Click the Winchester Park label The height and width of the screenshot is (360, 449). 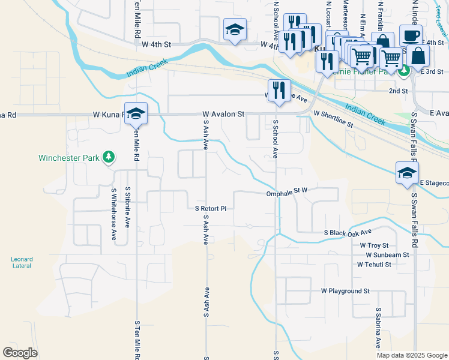click(68, 158)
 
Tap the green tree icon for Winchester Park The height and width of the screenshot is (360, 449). click(109, 158)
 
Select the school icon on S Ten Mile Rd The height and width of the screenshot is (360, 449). click(136, 113)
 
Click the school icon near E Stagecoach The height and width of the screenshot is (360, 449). click(407, 173)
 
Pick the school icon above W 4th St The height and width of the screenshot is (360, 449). click(235, 29)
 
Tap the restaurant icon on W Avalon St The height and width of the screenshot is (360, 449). click(279, 91)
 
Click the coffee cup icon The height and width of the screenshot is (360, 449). click(411, 35)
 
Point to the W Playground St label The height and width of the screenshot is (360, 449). click(345, 290)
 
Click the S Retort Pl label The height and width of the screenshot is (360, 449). click(211, 209)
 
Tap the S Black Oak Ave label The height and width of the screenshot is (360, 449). click(348, 232)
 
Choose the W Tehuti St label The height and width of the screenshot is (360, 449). click(374, 264)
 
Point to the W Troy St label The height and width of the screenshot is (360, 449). click(375, 245)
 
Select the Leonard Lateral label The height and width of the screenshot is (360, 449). click(22, 262)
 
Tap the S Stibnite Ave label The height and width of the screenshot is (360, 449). click(127, 207)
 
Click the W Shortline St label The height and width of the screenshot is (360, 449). click(334, 119)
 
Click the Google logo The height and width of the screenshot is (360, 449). click(20, 353)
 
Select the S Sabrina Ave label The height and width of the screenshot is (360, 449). click(379, 328)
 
